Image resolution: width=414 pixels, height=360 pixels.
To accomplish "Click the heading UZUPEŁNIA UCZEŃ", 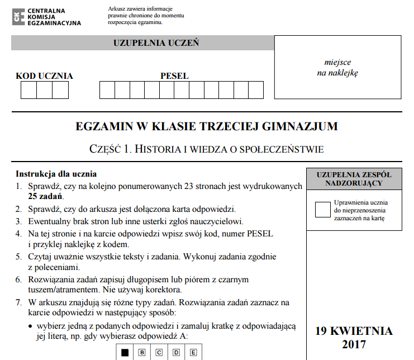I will [156, 43].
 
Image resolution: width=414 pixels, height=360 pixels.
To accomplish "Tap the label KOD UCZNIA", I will [44, 76].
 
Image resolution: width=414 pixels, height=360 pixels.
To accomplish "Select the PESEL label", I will [174, 76].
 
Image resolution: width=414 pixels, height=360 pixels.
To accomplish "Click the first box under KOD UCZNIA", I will [28, 90].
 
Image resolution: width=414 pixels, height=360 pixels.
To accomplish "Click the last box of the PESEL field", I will [256, 90].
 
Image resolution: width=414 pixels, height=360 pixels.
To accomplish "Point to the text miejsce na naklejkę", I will [337, 67].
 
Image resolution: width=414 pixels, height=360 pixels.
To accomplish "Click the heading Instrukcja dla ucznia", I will [56, 173].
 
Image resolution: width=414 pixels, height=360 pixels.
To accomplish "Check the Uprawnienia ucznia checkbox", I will [323, 209].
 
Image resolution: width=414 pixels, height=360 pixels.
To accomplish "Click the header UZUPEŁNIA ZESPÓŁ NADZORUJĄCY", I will [354, 179].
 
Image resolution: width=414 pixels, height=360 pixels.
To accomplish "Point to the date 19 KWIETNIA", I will [354, 331].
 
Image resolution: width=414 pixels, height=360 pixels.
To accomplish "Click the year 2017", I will [354, 344].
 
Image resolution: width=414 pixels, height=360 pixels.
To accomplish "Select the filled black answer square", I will [125, 352].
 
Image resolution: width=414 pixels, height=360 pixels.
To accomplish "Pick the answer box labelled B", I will [142, 352].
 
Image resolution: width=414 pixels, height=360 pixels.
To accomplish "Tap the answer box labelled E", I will [193, 352].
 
